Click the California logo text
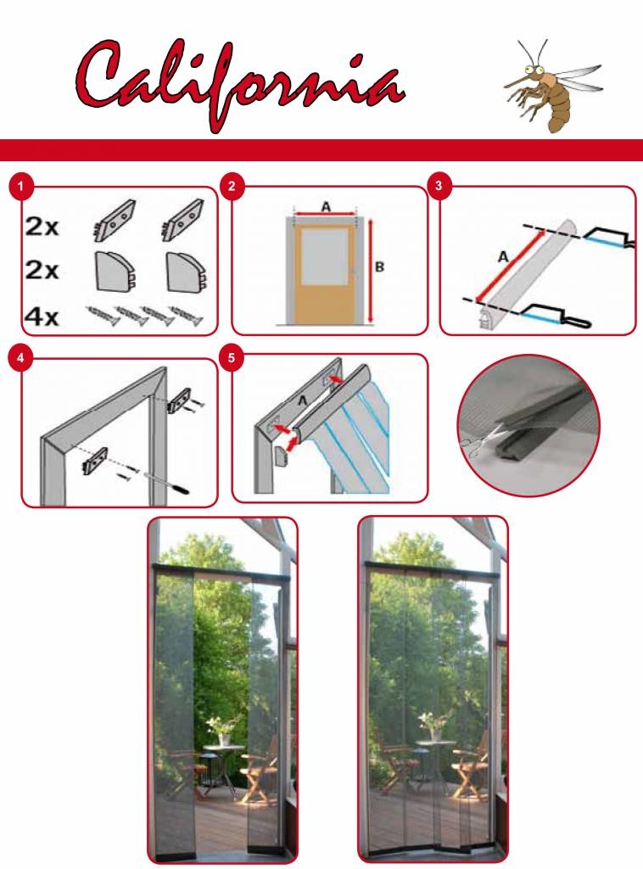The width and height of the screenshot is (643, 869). (x=240, y=83)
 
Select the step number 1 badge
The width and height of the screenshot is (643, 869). (x=21, y=186)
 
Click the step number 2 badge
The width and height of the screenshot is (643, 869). (x=232, y=186)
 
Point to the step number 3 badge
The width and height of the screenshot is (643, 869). (x=439, y=185)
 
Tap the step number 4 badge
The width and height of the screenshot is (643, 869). (x=20, y=358)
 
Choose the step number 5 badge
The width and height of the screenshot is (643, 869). (x=231, y=358)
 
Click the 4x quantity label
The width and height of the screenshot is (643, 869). (x=42, y=317)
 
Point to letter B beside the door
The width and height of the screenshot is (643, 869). (x=379, y=267)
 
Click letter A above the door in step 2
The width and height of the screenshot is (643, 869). (x=327, y=207)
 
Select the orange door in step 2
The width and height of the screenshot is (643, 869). (x=325, y=274)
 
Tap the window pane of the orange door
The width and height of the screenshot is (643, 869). (x=325, y=255)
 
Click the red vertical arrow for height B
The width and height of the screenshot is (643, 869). (x=370, y=270)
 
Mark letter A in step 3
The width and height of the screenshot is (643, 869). (x=503, y=257)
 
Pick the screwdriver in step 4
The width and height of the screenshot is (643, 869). (x=166, y=482)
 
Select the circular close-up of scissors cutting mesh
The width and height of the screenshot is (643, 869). (x=529, y=426)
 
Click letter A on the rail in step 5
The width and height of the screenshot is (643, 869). (x=302, y=401)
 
